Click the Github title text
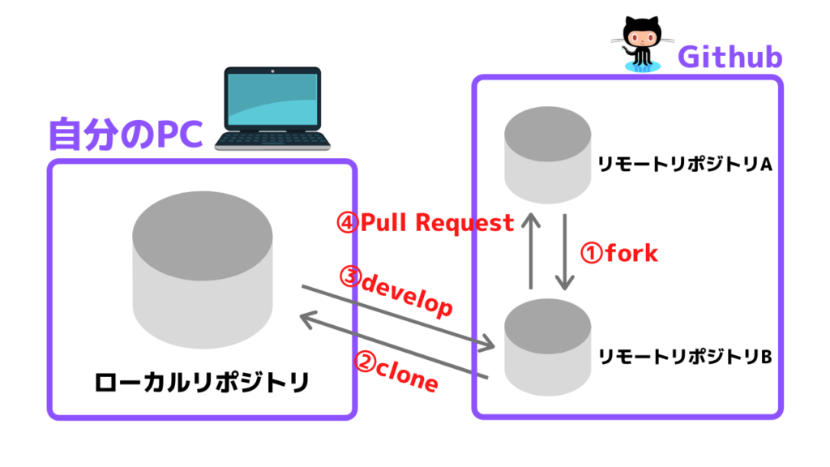coord(729,58)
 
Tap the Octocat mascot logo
coord(640,43)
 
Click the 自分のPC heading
coord(125,135)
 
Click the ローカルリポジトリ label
coord(202,382)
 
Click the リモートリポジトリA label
coord(683,164)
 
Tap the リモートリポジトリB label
coord(683,357)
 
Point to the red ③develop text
coord(396,293)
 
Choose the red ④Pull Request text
coord(426,223)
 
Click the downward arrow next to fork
coord(565,251)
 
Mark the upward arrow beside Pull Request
coord(531,251)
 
